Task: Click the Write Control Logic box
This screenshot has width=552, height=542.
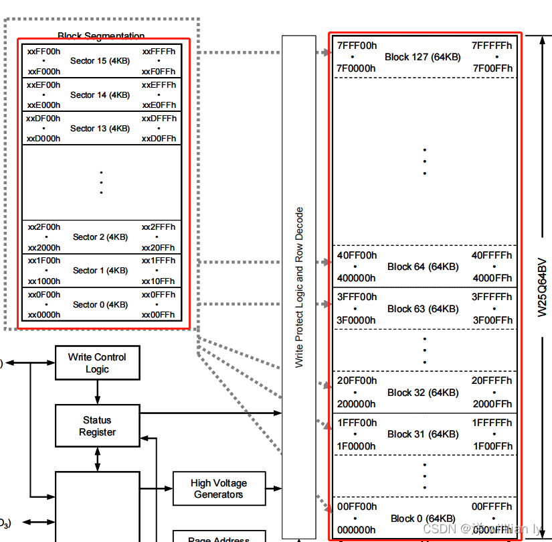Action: coord(97,363)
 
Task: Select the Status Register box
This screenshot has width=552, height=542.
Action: coord(97,426)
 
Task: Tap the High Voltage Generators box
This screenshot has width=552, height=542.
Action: coord(219,488)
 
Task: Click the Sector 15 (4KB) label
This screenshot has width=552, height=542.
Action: coord(100,61)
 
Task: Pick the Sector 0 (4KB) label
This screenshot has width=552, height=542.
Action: coord(100,304)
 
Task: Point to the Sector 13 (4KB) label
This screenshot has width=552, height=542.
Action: coord(100,128)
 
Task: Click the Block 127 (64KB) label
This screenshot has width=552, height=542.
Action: coord(423,57)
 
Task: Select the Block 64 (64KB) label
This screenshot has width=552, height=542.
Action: coord(423,267)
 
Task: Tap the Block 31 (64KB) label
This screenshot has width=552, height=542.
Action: coord(423,434)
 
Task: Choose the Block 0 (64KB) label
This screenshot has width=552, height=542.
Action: coord(423,519)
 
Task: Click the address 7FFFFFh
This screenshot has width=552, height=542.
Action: coord(492,46)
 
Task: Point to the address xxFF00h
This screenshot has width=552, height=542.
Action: coord(43,51)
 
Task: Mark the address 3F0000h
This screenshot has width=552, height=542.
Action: coord(356,320)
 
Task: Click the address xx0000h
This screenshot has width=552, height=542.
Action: coord(43,315)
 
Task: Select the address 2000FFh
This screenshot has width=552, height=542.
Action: coord(492,404)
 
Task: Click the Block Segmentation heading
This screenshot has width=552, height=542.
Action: coord(101,36)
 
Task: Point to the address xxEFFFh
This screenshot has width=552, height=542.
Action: coord(159,85)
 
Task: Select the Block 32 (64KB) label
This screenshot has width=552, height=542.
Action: coord(423,393)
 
